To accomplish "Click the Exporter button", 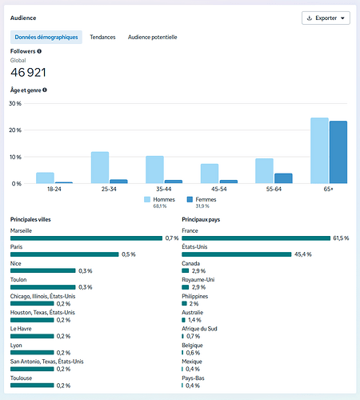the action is click(326, 18).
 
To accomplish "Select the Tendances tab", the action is click(102, 37).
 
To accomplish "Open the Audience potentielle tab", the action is click(153, 37).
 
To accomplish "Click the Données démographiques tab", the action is click(46, 37).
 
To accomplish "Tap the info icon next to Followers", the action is click(39, 51).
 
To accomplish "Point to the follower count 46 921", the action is click(28, 73).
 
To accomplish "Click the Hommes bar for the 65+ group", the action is click(319, 150).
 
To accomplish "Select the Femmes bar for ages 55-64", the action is click(283, 178).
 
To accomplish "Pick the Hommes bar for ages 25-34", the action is click(100, 168).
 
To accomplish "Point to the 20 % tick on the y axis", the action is click(15, 130).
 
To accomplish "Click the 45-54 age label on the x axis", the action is click(219, 189).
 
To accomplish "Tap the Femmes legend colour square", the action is click(190, 199).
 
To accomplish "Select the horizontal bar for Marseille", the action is click(86, 238).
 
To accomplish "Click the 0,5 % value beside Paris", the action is click(129, 254).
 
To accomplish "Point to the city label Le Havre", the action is click(21, 329).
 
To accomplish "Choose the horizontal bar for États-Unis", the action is click(237, 254).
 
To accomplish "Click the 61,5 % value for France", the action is click(341, 238).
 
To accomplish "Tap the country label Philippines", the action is click(195, 296).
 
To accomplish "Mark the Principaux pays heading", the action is click(201, 219).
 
